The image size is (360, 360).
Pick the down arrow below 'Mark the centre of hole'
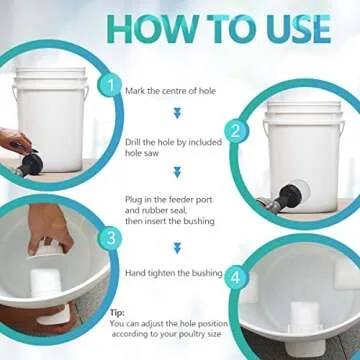pos(177,114)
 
